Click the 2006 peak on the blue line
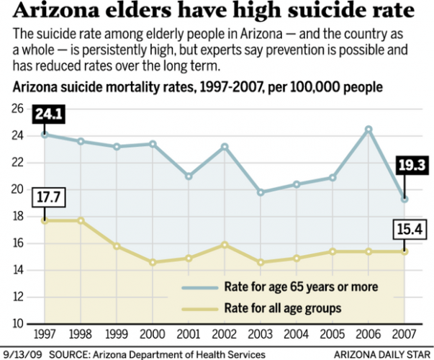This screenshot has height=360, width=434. pyautogui.click(x=369, y=130)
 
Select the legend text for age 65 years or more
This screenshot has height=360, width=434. pyautogui.click(x=301, y=287)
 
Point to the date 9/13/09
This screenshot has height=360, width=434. pyautogui.click(x=23, y=354)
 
